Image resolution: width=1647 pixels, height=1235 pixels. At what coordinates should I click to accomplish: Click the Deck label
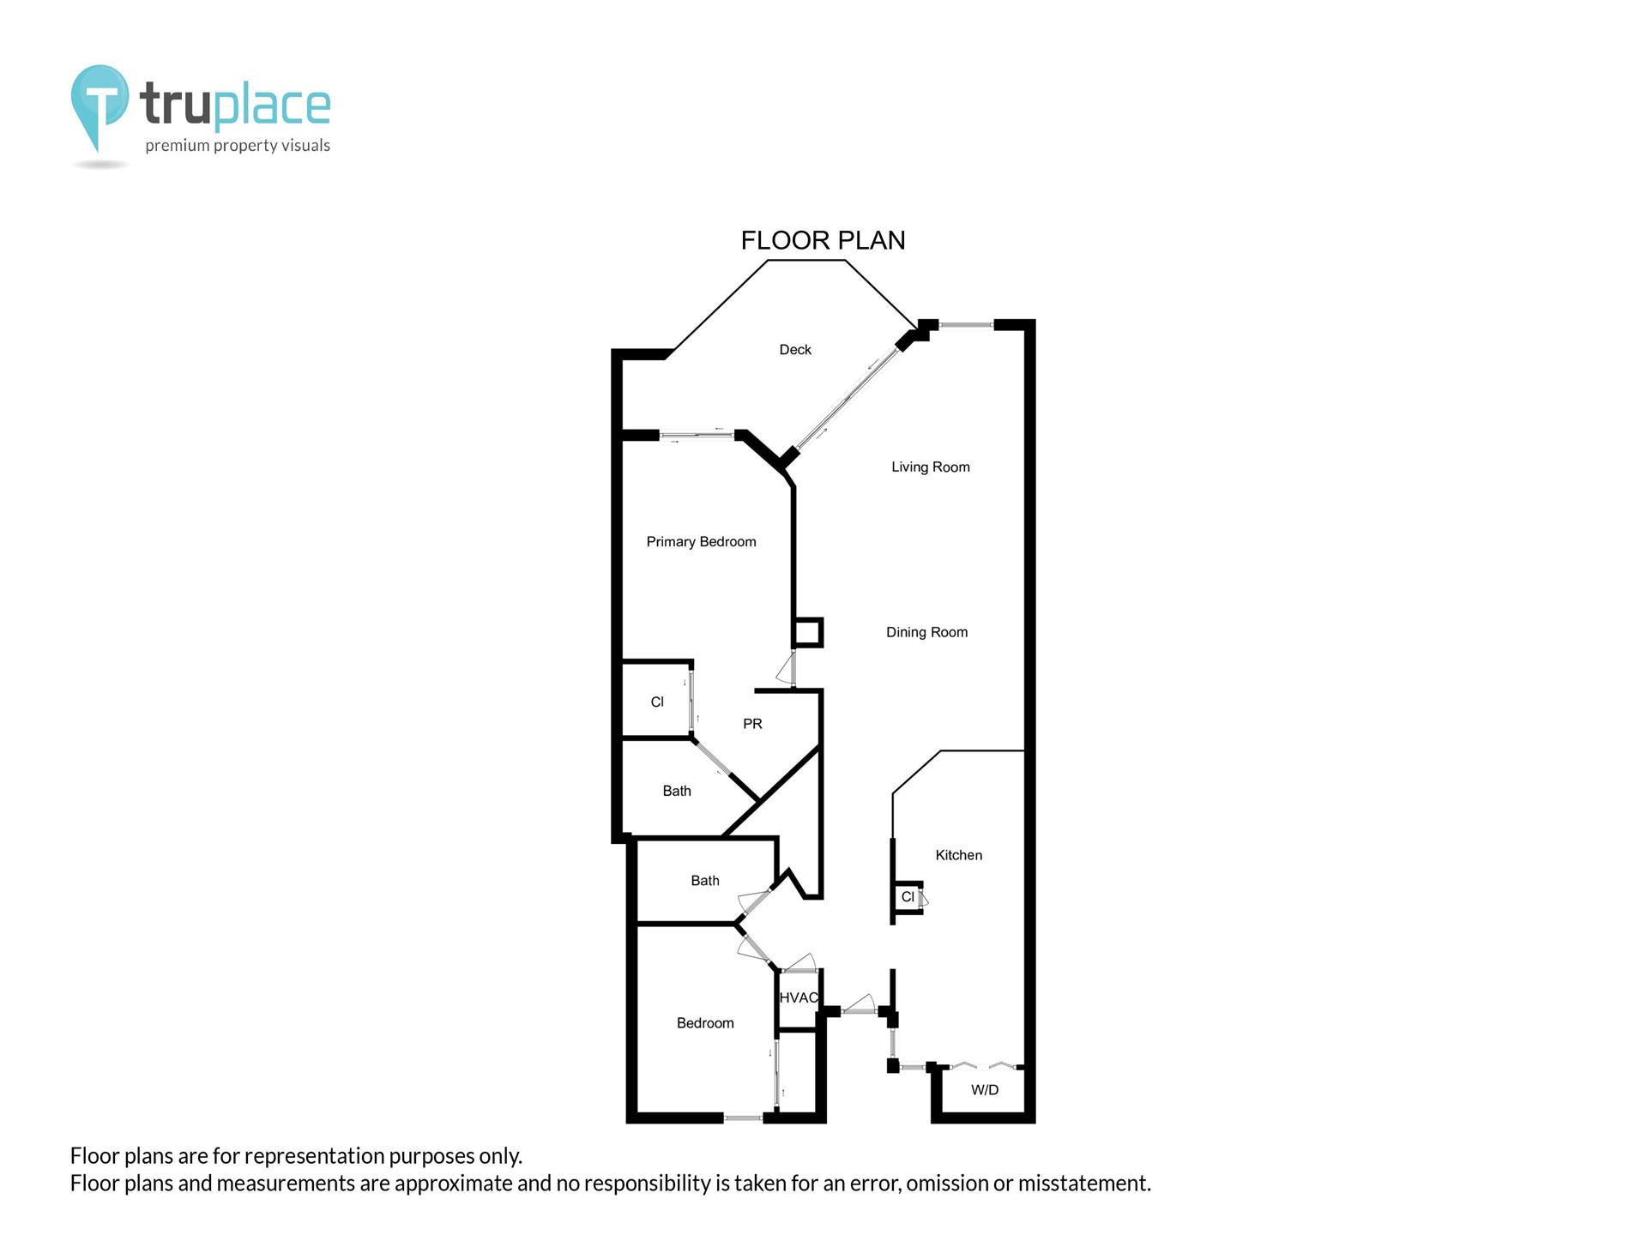click(795, 350)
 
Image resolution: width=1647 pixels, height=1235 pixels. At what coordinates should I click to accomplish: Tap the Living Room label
click(931, 467)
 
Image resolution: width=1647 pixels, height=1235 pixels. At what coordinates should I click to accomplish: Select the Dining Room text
click(927, 633)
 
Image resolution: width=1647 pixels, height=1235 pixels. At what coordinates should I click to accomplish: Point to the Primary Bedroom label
click(702, 542)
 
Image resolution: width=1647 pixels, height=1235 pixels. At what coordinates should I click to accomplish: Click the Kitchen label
click(959, 855)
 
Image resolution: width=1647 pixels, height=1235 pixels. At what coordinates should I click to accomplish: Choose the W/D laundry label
click(985, 1090)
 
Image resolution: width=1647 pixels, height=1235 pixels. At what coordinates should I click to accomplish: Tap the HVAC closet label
click(799, 998)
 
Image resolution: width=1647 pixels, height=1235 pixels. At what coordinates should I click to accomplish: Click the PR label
click(752, 724)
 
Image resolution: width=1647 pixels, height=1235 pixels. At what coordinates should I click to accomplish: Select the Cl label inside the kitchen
click(908, 897)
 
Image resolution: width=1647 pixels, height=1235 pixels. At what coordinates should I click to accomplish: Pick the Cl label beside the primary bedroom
click(657, 702)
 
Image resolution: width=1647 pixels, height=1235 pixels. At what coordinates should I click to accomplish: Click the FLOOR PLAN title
click(823, 240)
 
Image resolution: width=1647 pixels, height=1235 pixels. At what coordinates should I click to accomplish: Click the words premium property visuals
click(238, 146)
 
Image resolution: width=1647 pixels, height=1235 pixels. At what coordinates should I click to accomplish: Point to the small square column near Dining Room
click(806, 633)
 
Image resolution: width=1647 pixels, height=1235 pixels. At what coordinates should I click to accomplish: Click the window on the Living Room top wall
click(966, 325)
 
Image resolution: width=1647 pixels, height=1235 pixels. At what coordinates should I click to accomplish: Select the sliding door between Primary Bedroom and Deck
click(697, 436)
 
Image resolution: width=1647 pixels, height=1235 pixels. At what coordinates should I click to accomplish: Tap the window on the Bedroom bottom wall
click(743, 1118)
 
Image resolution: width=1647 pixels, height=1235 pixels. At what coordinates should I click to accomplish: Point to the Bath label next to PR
click(677, 792)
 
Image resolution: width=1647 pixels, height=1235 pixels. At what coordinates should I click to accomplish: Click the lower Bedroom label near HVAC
click(705, 1023)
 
